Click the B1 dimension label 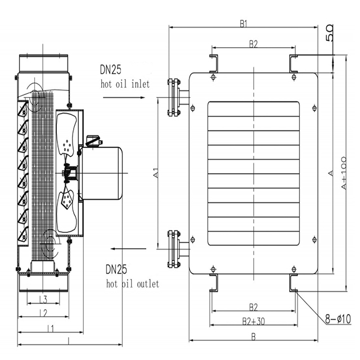point(244,24)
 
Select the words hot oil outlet point(133,283)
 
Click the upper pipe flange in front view point(174,98)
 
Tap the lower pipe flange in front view point(174,248)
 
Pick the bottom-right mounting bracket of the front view point(294,282)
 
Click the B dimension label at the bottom point(253,336)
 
